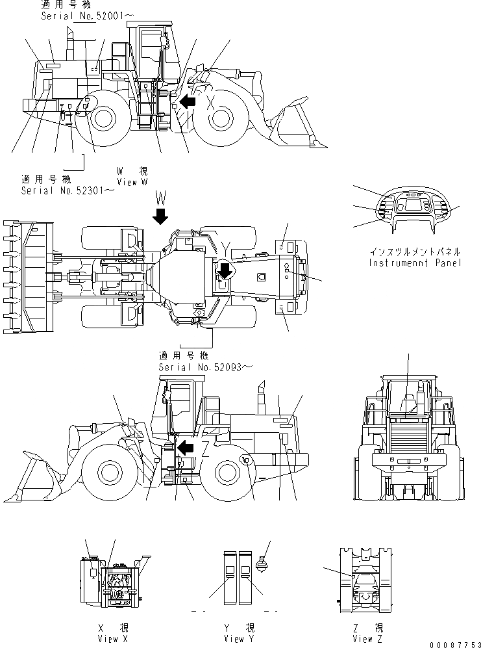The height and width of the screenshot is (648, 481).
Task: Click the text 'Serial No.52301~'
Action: [x=68, y=190]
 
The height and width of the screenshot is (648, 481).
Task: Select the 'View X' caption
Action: [x=112, y=639]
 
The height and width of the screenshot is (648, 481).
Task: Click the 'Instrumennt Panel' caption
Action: [x=415, y=263]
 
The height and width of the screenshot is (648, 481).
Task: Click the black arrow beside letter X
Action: [x=189, y=101]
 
